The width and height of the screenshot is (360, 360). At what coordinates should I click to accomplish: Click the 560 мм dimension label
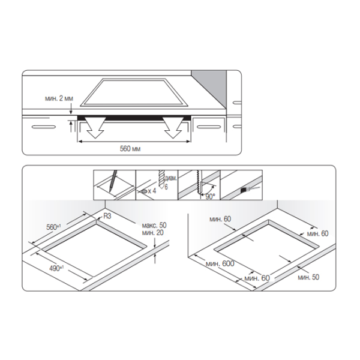[130, 149]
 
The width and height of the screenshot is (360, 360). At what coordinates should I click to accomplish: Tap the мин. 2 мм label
[59, 98]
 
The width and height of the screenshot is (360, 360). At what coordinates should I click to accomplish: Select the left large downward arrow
[95, 127]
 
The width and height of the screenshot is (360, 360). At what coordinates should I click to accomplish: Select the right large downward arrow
[173, 127]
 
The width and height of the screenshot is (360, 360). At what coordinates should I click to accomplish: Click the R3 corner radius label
[107, 216]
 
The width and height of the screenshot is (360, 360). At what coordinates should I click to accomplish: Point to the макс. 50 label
[154, 225]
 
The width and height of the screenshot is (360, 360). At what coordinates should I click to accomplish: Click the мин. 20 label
[152, 233]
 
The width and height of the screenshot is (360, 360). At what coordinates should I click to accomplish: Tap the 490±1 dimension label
[56, 268]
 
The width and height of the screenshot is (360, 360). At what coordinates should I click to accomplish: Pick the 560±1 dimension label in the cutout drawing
[54, 227]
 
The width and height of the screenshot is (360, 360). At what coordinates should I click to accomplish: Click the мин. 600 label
[220, 263]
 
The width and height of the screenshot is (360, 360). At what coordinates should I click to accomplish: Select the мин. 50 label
[308, 277]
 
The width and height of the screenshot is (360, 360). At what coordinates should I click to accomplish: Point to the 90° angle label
[211, 197]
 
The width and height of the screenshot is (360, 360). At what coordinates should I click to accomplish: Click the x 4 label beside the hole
[152, 191]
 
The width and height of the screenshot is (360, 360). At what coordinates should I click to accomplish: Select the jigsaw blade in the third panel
[199, 182]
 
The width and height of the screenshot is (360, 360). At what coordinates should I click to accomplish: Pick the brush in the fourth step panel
[249, 190]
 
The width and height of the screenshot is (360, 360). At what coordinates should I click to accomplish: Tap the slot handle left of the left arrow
[44, 127]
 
